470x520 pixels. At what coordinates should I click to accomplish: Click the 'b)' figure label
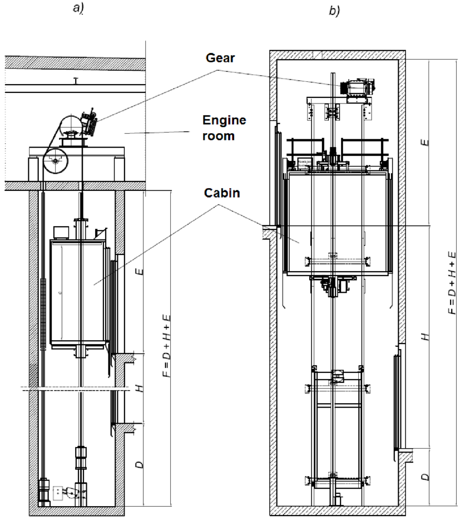(335, 11)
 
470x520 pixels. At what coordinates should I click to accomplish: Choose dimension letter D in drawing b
(425, 476)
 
